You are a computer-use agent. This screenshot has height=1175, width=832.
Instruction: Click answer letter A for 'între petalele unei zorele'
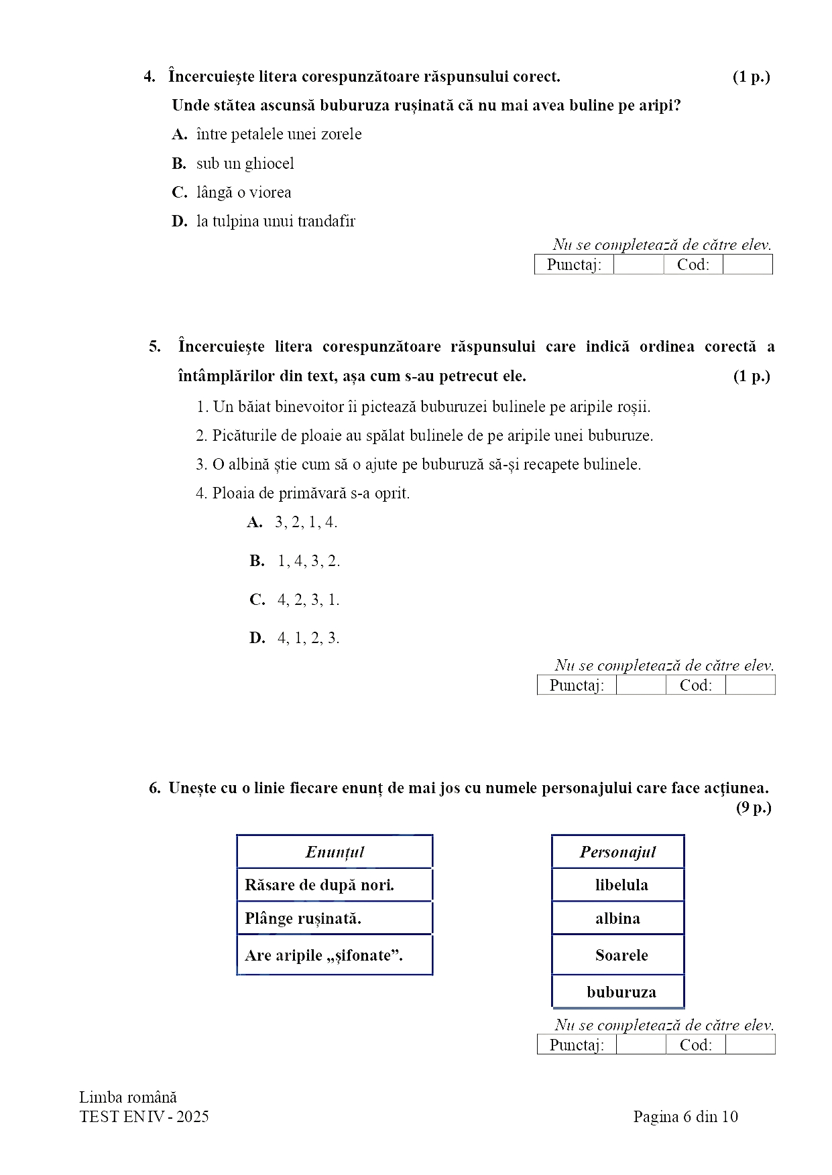click(x=179, y=135)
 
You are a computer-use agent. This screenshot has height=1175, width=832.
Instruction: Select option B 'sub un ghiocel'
click(x=179, y=163)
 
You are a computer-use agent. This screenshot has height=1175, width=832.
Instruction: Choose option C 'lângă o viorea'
click(x=179, y=193)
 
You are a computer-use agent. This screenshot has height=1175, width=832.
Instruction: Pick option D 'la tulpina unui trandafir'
click(x=179, y=222)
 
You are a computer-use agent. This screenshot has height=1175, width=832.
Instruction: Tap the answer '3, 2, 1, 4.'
click(x=306, y=523)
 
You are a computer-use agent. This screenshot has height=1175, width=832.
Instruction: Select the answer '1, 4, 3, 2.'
click(x=308, y=561)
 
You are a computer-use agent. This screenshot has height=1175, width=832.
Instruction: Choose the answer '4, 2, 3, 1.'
click(x=308, y=600)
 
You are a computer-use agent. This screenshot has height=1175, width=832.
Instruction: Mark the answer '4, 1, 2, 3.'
click(x=308, y=638)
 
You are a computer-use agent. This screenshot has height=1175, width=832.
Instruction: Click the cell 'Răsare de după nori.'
click(x=335, y=885)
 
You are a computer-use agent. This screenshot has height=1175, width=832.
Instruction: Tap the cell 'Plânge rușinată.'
click(x=335, y=918)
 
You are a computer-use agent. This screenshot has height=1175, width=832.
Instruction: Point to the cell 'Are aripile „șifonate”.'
click(x=335, y=955)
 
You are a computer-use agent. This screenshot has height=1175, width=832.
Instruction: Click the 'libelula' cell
click(x=618, y=885)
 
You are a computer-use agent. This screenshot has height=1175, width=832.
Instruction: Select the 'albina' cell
click(x=618, y=918)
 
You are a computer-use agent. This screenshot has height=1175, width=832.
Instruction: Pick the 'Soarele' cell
click(x=618, y=955)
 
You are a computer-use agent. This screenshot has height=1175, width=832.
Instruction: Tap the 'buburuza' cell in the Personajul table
click(x=618, y=992)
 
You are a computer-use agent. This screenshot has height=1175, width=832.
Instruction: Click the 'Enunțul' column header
click(x=335, y=852)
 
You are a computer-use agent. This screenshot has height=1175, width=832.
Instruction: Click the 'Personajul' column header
click(x=618, y=852)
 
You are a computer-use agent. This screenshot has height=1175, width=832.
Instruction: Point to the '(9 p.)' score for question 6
click(x=754, y=808)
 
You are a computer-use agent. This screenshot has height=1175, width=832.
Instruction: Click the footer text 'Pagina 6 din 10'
click(x=685, y=1117)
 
